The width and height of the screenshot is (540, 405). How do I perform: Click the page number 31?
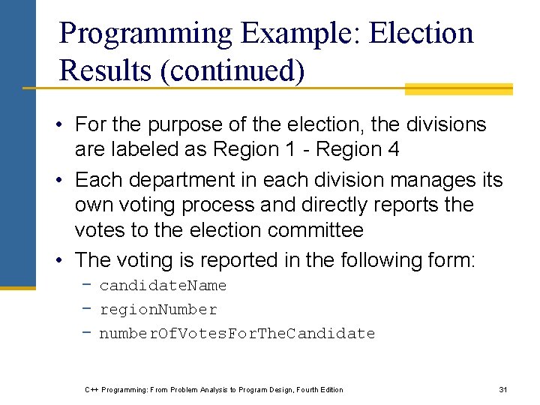(x=503, y=389)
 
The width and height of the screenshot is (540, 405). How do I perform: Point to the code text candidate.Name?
(x=163, y=286)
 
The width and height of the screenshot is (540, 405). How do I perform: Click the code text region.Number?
(x=158, y=310)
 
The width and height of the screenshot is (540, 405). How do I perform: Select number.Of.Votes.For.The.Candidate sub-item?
(x=237, y=334)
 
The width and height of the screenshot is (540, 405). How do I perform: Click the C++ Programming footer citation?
(x=214, y=389)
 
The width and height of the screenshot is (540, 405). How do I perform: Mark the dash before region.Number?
(x=88, y=310)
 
